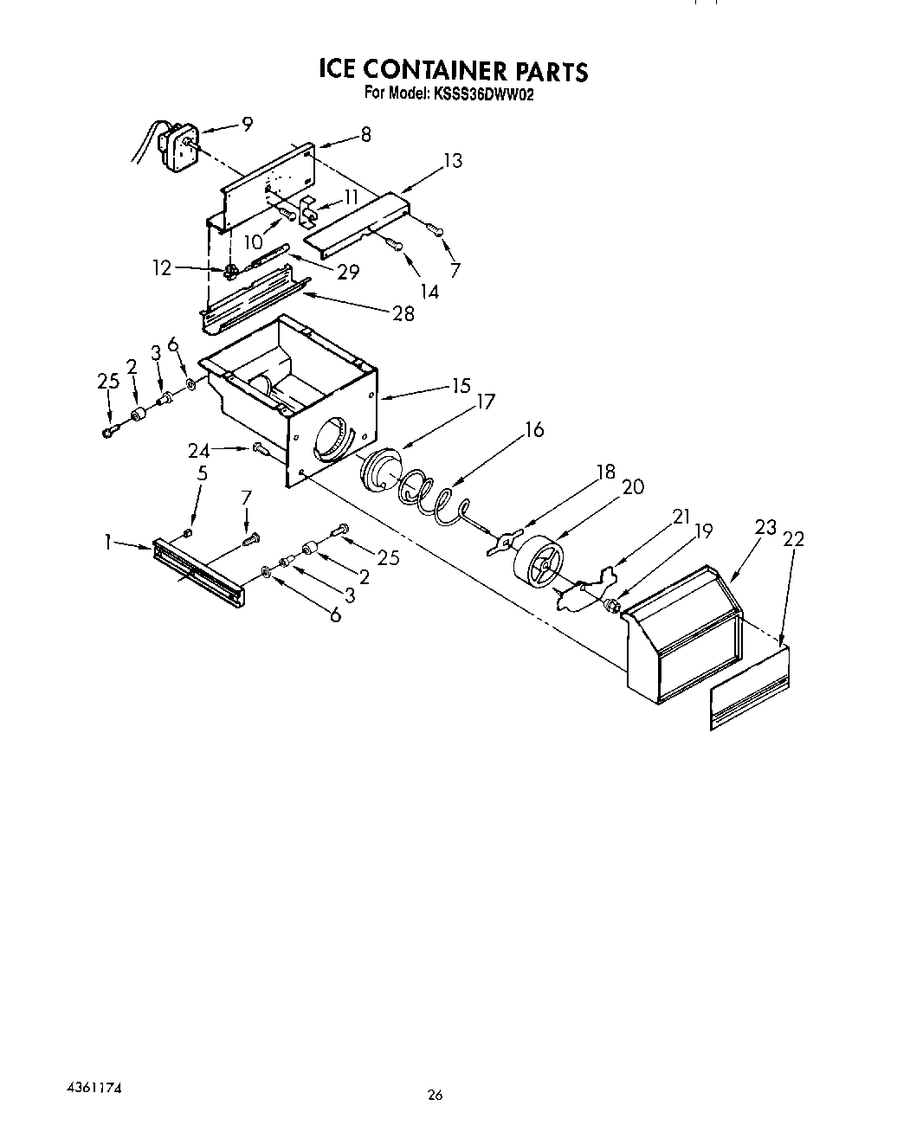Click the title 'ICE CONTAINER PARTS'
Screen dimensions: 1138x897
point(453,70)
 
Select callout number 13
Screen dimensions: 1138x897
point(451,161)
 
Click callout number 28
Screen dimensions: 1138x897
point(403,313)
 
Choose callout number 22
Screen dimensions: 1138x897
point(792,540)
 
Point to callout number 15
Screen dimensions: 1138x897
point(461,387)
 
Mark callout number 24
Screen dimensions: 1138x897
point(200,450)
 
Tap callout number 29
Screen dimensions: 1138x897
point(348,272)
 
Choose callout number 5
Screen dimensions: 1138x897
point(203,474)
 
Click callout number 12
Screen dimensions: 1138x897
point(162,269)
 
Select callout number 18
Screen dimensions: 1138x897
point(605,472)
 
